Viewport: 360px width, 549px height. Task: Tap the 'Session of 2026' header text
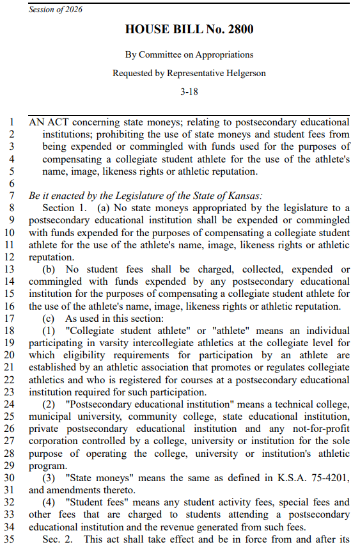pos(56,10)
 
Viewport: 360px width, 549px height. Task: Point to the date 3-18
pos(189,91)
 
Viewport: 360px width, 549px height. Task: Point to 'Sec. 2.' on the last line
pos(59,539)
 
